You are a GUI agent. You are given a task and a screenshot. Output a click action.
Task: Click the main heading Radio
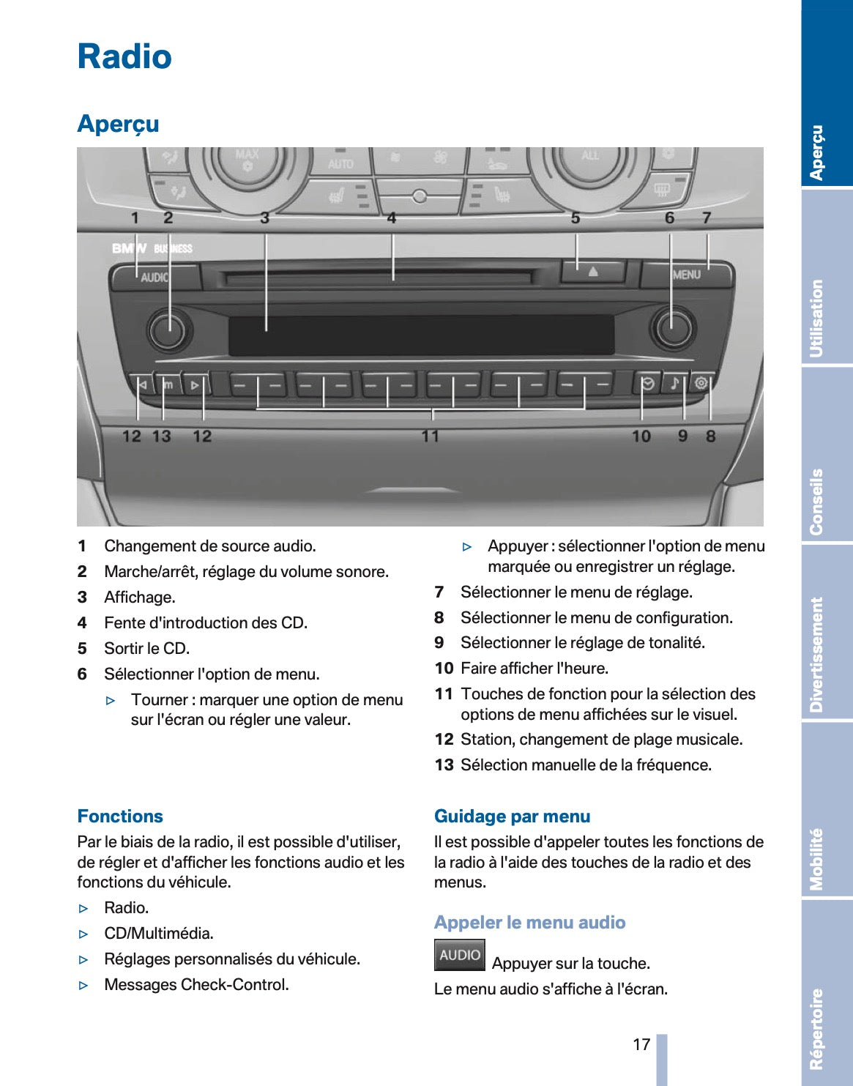coord(124,57)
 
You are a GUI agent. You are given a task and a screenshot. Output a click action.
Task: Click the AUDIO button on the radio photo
coord(154,278)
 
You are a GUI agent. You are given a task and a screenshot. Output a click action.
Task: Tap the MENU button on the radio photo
coord(686,275)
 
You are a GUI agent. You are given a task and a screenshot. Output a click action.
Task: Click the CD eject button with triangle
coord(592,272)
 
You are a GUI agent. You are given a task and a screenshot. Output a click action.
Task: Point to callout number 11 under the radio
coord(430,436)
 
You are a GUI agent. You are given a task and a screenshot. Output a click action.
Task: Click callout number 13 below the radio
coord(161,436)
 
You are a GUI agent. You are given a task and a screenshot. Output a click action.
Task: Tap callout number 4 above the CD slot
coord(392,218)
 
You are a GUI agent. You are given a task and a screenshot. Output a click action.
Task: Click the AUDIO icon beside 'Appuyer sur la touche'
coord(459,955)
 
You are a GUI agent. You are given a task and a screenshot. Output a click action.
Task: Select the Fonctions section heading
coord(120,817)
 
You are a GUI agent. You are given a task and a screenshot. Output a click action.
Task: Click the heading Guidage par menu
coord(512,817)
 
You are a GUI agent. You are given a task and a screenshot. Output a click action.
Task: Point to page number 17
coord(641,1044)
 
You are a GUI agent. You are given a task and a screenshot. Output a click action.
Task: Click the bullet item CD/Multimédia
coord(159,934)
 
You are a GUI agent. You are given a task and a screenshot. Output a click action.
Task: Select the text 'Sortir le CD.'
coord(146,649)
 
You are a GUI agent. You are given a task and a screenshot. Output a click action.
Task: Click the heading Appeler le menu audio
coord(529,923)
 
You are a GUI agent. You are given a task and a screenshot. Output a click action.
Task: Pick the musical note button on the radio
coord(674,383)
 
